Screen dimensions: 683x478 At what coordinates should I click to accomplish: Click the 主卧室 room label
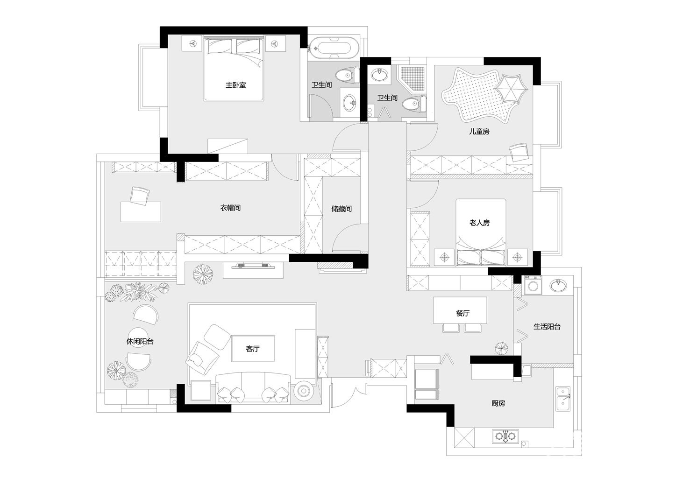[235, 85]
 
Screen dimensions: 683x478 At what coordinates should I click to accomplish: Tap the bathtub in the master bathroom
[333, 48]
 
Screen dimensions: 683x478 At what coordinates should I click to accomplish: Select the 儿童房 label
[479, 132]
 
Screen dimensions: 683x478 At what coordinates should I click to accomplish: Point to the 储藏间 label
[341, 209]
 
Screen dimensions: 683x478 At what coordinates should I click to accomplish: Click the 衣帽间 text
[230, 208]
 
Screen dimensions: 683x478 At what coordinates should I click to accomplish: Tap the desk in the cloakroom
[141, 212]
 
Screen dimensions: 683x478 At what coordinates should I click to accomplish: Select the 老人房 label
[479, 223]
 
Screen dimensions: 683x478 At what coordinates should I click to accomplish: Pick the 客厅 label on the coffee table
[253, 349]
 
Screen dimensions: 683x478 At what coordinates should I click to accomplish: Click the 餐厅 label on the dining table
[462, 313]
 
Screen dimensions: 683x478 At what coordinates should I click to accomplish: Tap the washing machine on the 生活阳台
[533, 285]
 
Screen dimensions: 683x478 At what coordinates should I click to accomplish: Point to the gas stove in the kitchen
[505, 436]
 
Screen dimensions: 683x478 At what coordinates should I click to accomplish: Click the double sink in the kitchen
[563, 399]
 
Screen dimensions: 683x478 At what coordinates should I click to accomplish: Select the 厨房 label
[498, 403]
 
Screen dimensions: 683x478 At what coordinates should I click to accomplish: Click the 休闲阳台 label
[140, 342]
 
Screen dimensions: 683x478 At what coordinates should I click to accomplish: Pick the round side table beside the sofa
[303, 390]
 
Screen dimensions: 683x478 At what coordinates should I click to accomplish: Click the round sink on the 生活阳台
[558, 285]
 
